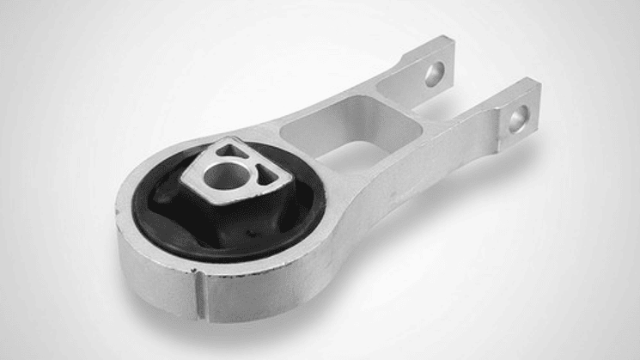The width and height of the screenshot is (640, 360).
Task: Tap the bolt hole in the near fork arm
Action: [x=518, y=119]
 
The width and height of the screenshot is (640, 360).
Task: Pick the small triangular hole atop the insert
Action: [x=229, y=149]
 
